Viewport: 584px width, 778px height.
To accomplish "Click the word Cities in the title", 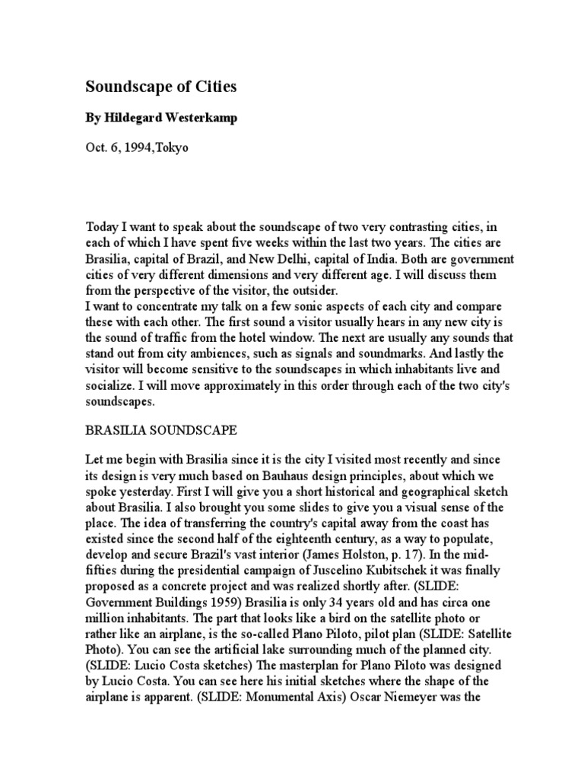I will point(215,87).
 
